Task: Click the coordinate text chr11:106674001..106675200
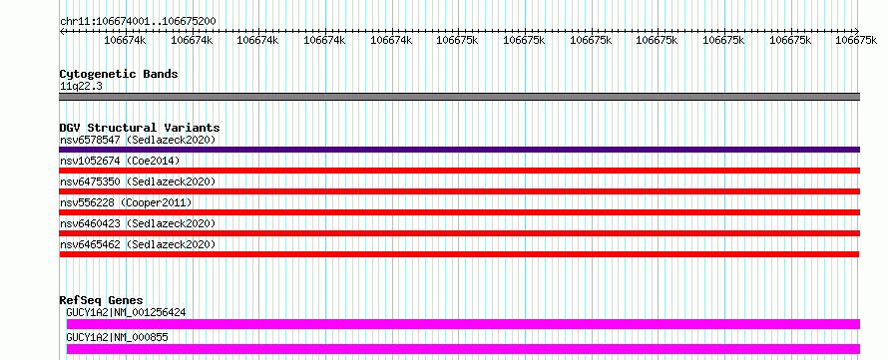138,21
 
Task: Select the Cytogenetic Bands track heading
119,74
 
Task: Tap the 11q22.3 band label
81,86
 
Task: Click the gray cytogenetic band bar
459,97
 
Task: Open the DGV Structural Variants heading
140,128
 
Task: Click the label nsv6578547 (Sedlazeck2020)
138,140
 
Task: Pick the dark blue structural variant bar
459,150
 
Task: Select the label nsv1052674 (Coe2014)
120,161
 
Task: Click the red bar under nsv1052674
459,171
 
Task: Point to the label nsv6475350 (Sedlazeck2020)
138,181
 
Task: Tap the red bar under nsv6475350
459,191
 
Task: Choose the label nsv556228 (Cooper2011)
126,202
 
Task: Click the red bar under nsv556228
459,212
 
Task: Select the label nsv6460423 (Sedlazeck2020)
138,223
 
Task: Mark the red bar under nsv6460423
459,233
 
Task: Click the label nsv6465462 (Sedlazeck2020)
138,244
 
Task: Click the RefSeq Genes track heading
102,300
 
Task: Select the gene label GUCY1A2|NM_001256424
126,312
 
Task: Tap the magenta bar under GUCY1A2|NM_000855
463,349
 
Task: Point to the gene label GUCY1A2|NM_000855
117,337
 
